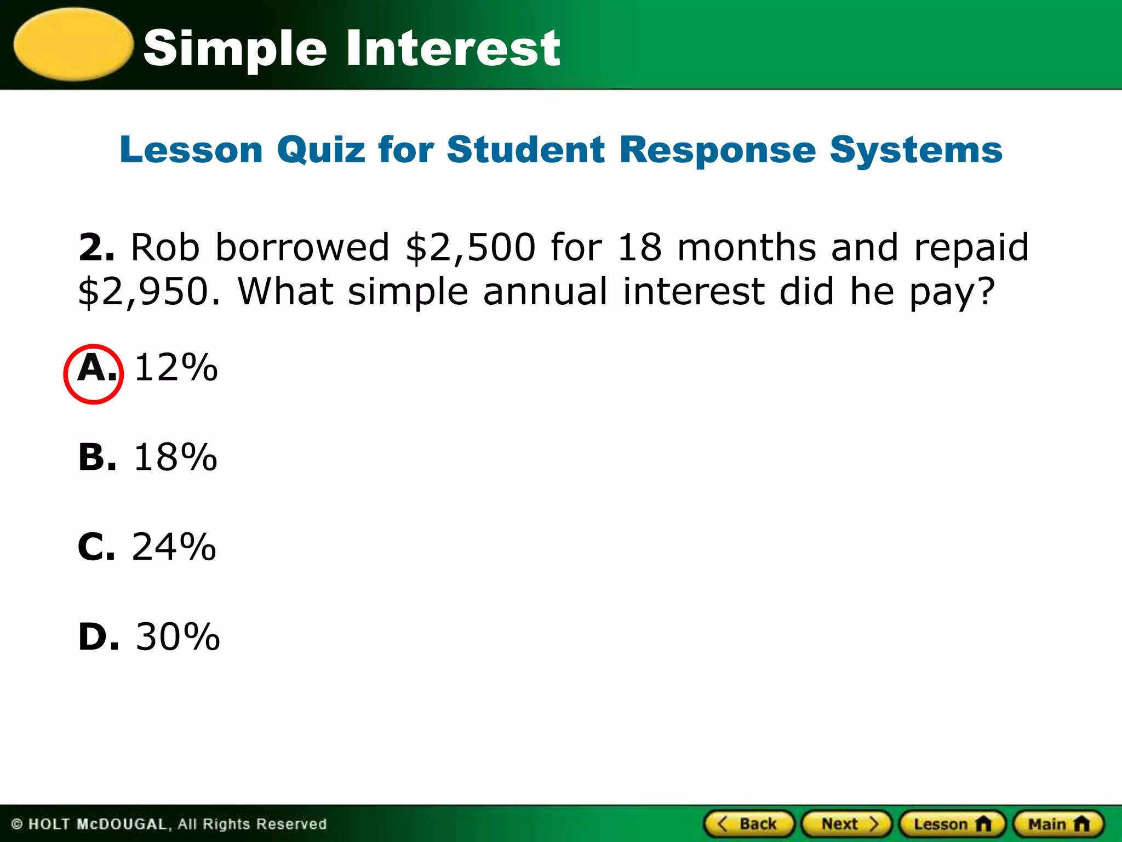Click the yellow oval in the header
point(73,45)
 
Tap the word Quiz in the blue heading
point(321,150)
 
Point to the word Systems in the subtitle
point(915,150)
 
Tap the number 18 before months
point(639,248)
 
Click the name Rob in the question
point(165,248)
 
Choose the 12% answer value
point(176,368)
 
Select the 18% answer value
point(176,457)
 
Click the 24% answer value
point(174,547)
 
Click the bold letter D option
point(98,637)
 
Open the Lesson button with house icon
point(952,824)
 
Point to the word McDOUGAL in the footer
point(122,824)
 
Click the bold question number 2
point(96,248)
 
